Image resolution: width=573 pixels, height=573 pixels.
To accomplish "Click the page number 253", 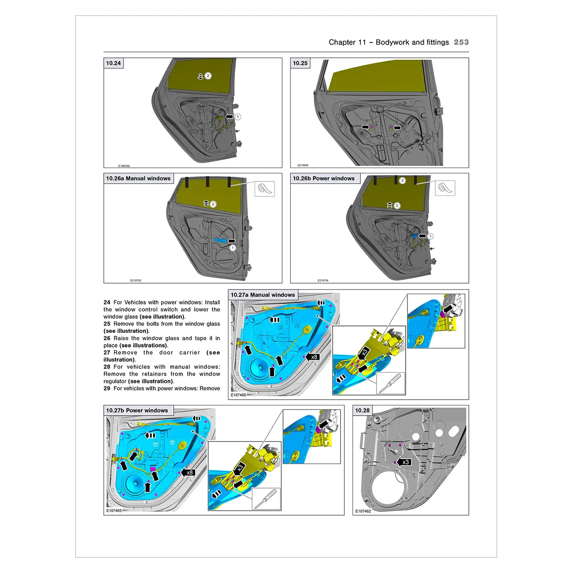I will coord(461,42).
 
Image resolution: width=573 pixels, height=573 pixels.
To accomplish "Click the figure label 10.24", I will coord(114,63).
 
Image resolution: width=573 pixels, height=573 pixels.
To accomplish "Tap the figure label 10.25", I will coord(300,63).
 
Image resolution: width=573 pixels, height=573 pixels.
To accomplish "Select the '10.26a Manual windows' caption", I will coord(138,178).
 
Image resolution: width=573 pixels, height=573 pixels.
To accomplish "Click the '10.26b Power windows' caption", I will coord(324,178).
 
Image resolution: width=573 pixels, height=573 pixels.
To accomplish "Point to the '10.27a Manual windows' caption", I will coord(262,295).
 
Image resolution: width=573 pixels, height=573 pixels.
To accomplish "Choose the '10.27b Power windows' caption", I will coord(137,410).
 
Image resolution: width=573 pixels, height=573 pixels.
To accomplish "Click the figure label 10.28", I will coord(362,410).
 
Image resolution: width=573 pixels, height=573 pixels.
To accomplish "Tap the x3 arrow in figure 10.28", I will coord(404,462).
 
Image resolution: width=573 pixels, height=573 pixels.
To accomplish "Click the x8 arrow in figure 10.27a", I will coord(313,357).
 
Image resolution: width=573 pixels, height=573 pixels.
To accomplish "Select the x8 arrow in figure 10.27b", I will coord(188,472).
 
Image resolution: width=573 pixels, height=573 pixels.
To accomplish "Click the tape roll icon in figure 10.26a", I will coord(265,189).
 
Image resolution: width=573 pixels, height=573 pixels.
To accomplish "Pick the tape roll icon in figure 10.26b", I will coord(445,188).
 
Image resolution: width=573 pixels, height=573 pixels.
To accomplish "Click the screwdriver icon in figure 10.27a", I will coord(390,383).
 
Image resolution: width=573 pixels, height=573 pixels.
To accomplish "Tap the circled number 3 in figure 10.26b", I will coord(402,181).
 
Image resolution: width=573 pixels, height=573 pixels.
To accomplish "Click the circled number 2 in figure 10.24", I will coord(208,76).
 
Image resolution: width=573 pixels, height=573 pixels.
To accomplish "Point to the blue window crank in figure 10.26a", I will coord(220,241).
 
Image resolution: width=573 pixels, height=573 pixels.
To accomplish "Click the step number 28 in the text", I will coord(107,367).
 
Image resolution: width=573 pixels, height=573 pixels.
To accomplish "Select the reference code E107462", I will coord(363,511).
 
